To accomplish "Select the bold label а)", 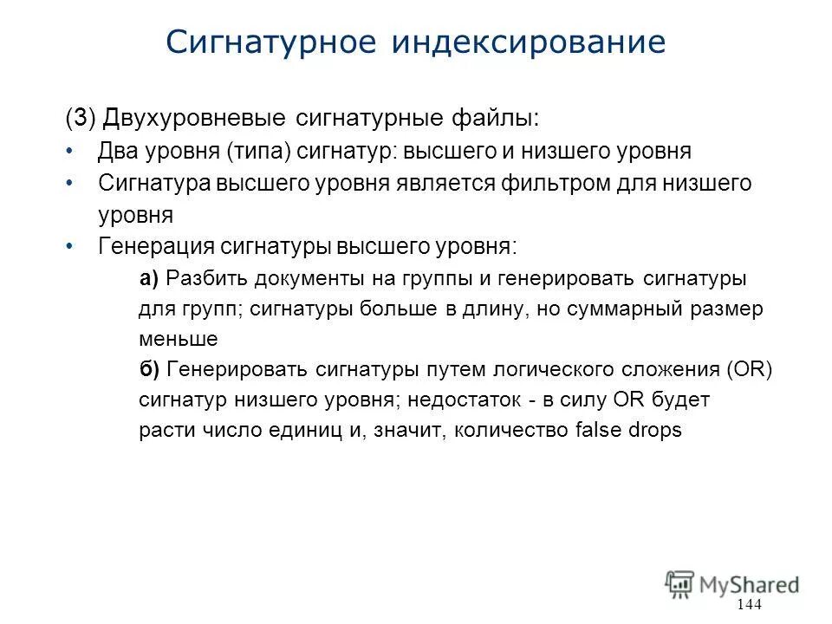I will [x=148, y=278].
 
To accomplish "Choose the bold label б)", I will [x=149, y=369].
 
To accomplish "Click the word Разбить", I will [x=206, y=278].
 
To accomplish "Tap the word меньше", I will [x=178, y=339].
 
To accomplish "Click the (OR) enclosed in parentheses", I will [x=750, y=369].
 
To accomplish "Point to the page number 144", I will [x=747, y=604].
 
